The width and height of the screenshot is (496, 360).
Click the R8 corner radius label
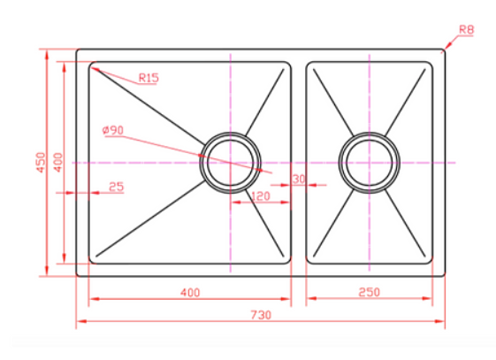tap(466, 30)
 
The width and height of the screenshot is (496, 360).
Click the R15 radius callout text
tap(149, 78)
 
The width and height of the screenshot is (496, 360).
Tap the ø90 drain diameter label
tap(113, 130)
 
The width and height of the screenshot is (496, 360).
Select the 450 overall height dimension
tap(42, 163)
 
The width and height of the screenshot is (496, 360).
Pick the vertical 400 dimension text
tap(58, 163)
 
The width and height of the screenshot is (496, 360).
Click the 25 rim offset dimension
tap(116, 187)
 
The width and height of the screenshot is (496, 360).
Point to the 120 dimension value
tap(261, 196)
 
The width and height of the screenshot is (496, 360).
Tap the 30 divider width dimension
tap(299, 179)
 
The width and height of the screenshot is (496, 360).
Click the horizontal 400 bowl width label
tap(190, 293)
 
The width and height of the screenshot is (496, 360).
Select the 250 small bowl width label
tap(370, 292)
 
